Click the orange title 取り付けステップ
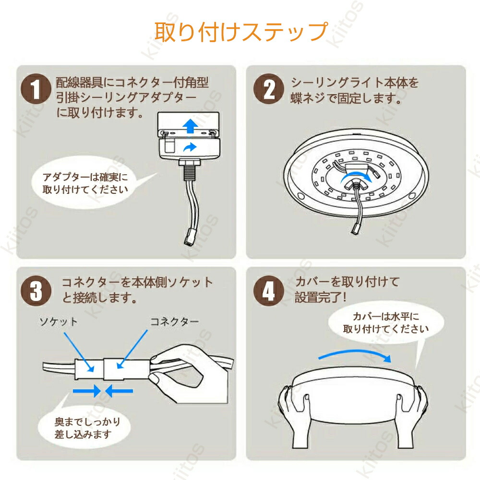[241, 32]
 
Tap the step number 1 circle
[36, 89]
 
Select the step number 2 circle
[269, 89]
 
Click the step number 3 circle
[36, 291]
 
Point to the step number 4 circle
[269, 291]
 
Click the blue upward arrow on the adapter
[190, 126]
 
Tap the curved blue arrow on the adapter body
[190, 147]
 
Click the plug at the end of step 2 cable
[356, 228]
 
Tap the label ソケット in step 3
[59, 322]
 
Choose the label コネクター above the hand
[174, 322]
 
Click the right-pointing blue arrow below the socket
[87, 391]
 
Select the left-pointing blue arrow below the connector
[119, 391]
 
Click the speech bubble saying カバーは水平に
[386, 323]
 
